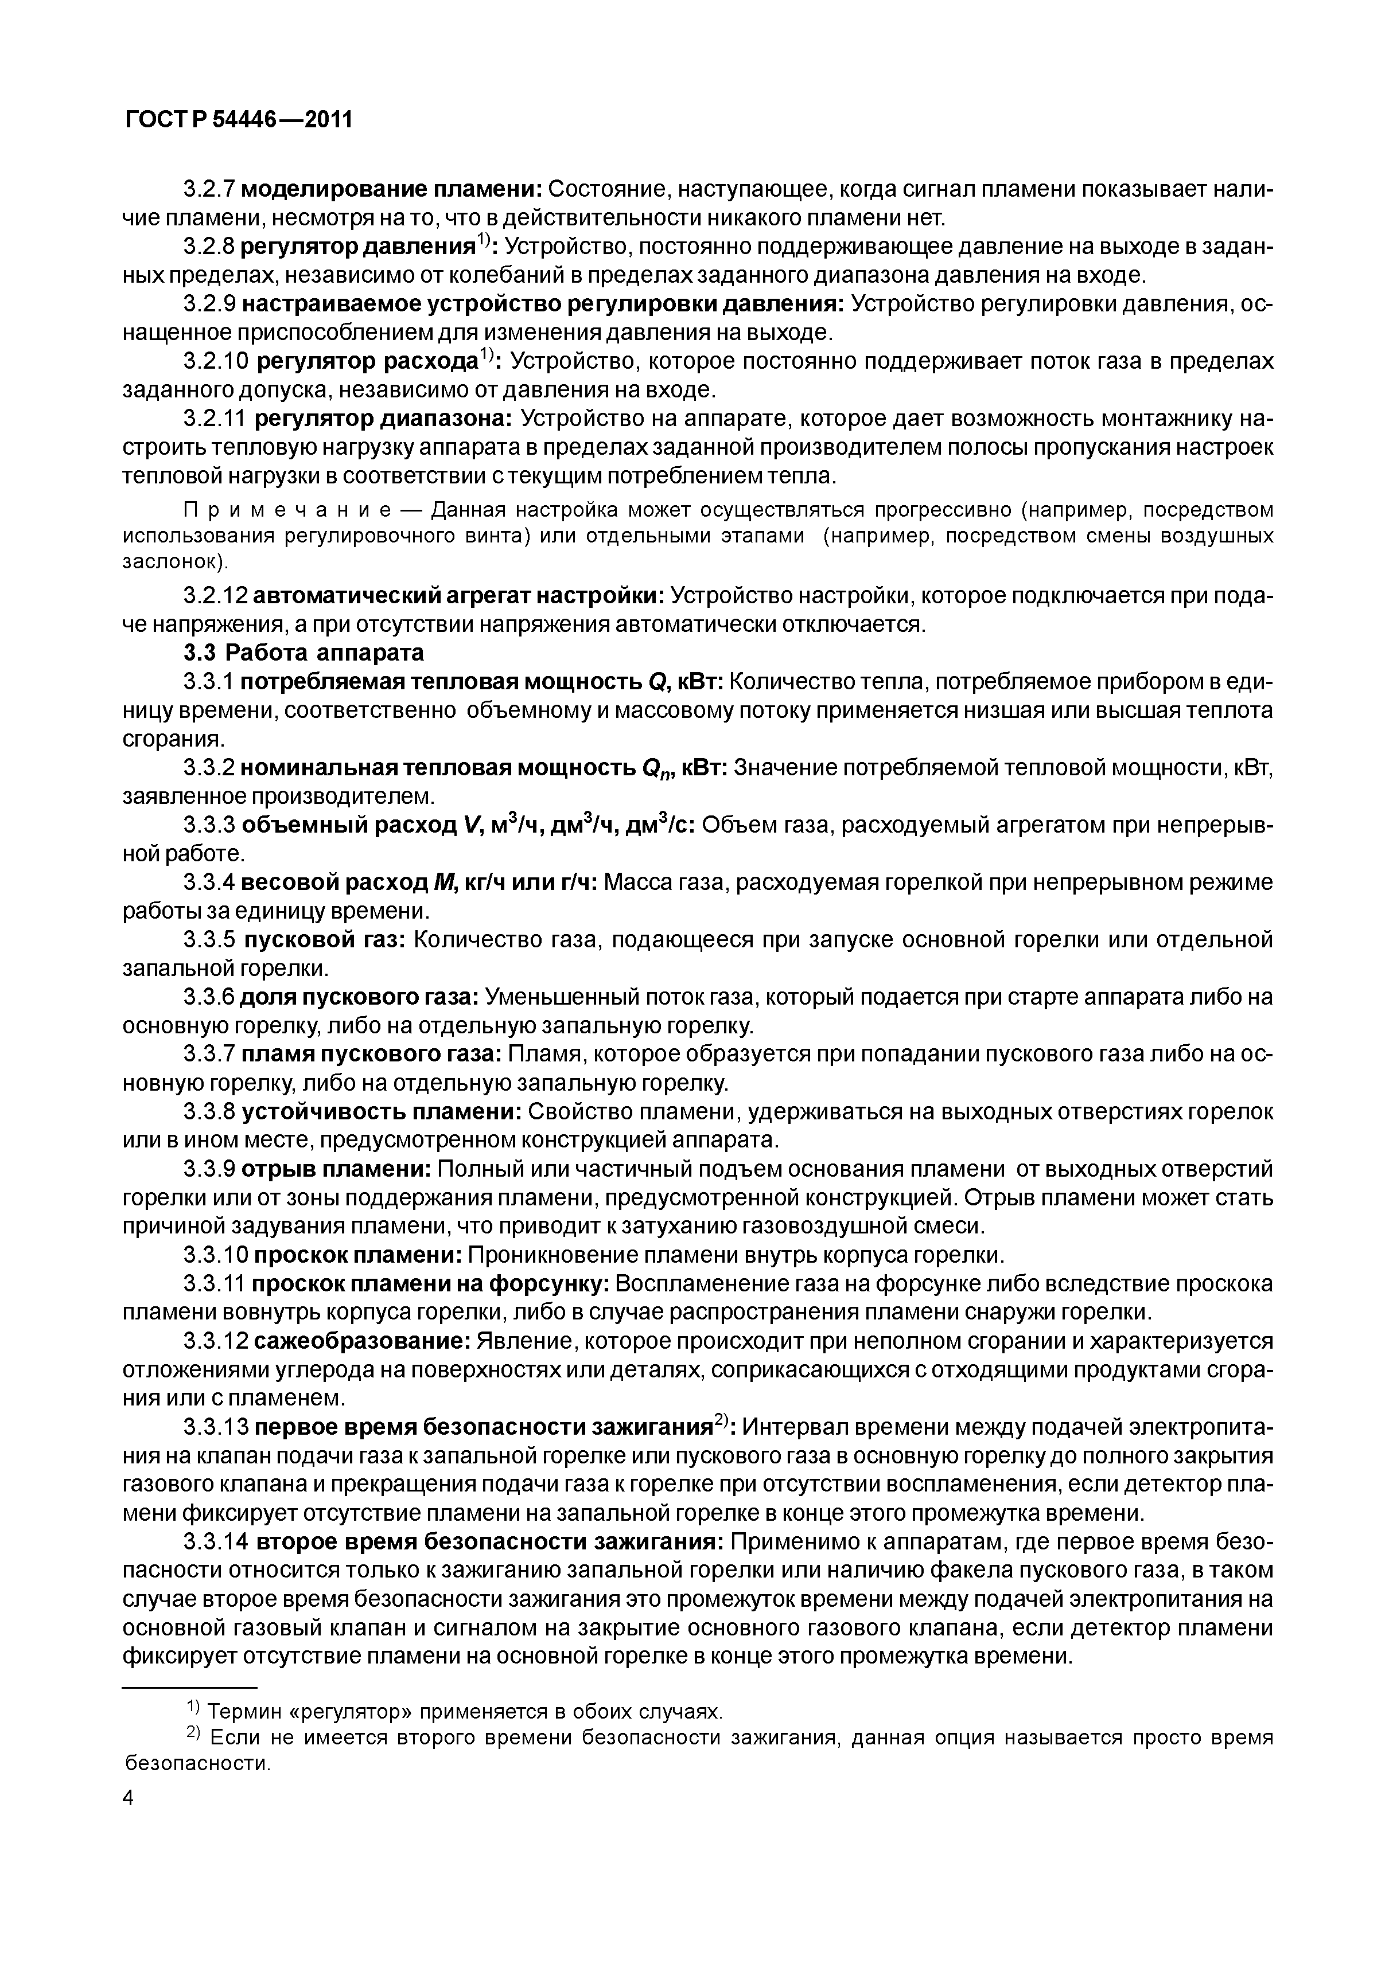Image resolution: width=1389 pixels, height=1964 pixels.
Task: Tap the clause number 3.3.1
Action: click(209, 682)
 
